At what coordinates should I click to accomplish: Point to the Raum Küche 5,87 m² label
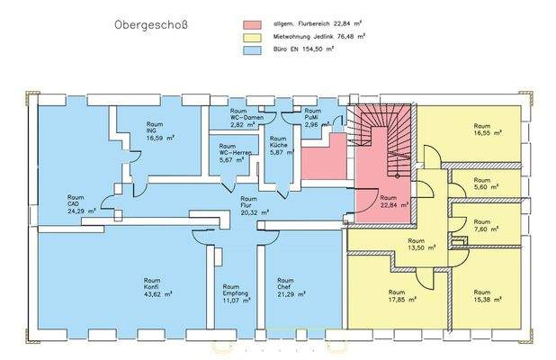pos(279,145)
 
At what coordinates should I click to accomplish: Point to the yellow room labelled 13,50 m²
pos(417,246)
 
